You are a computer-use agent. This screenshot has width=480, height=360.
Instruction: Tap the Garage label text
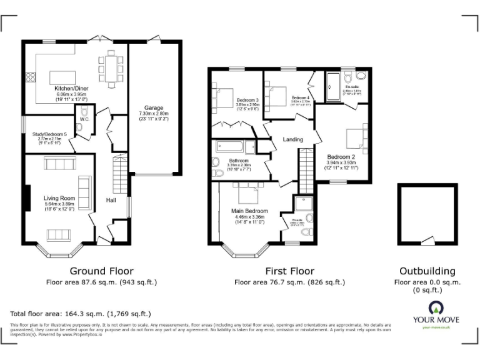tap(154, 107)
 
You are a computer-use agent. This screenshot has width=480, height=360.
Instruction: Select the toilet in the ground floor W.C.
tap(79, 127)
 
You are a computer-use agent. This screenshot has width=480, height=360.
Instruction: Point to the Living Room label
tap(59, 198)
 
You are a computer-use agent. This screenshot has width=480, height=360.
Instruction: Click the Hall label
tap(111, 200)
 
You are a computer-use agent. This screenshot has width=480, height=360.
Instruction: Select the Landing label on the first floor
tap(292, 139)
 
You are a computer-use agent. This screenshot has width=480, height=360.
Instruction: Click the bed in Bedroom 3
tap(224, 98)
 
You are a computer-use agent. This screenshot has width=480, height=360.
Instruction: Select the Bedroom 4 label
tap(299, 98)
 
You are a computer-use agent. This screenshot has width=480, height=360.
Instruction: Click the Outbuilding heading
tap(427, 271)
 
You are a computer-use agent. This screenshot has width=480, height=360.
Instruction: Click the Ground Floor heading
tap(101, 271)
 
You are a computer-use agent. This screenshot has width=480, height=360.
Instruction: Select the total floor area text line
tap(81, 314)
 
